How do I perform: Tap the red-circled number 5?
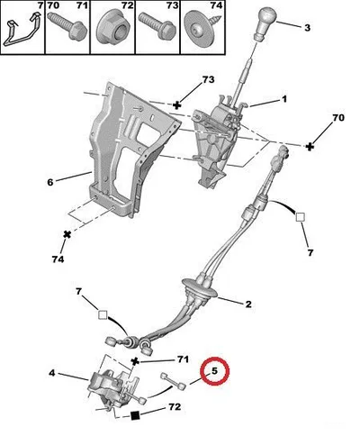pyautogui.click(x=214, y=370)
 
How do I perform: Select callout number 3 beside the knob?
pyautogui.click(x=307, y=28)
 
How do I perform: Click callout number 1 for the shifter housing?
pyautogui.click(x=283, y=99)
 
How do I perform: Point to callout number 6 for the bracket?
pyautogui.click(x=50, y=182)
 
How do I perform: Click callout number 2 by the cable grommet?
pyautogui.click(x=248, y=304)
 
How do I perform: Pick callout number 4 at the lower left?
pyautogui.click(x=52, y=373)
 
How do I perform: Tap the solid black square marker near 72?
pyautogui.click(x=136, y=415)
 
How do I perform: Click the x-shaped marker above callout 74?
pyautogui.click(x=67, y=234)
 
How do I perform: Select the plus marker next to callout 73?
pyautogui.click(x=177, y=105)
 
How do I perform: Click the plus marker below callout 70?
pyautogui.click(x=310, y=147)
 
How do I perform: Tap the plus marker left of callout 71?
pyautogui.click(x=135, y=361)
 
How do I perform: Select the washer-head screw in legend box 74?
pyautogui.click(x=202, y=28)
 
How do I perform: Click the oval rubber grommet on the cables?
pyautogui.click(x=200, y=289)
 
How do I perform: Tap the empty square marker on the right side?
pyautogui.click(x=301, y=217)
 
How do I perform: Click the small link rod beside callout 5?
pyautogui.click(x=174, y=381)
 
